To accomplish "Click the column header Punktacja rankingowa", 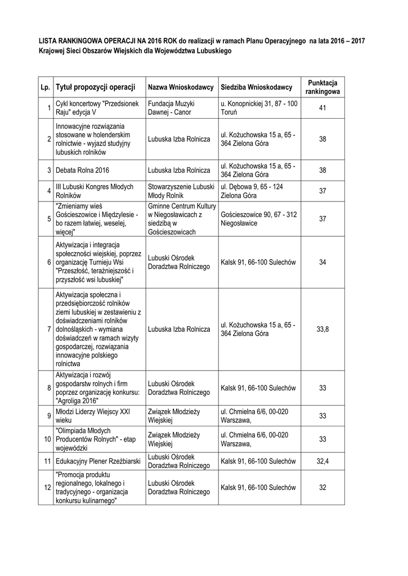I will tap(322, 87).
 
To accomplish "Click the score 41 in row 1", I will tap(322, 108).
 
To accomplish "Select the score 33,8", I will tap(322, 329).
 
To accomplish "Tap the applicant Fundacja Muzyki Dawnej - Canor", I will tap(171, 108).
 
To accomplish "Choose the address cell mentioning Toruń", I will tap(259, 108).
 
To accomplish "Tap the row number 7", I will tap(49, 329).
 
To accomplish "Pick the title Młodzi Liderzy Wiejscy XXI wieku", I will tap(92, 416).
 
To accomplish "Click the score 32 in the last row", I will tap(322, 488).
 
